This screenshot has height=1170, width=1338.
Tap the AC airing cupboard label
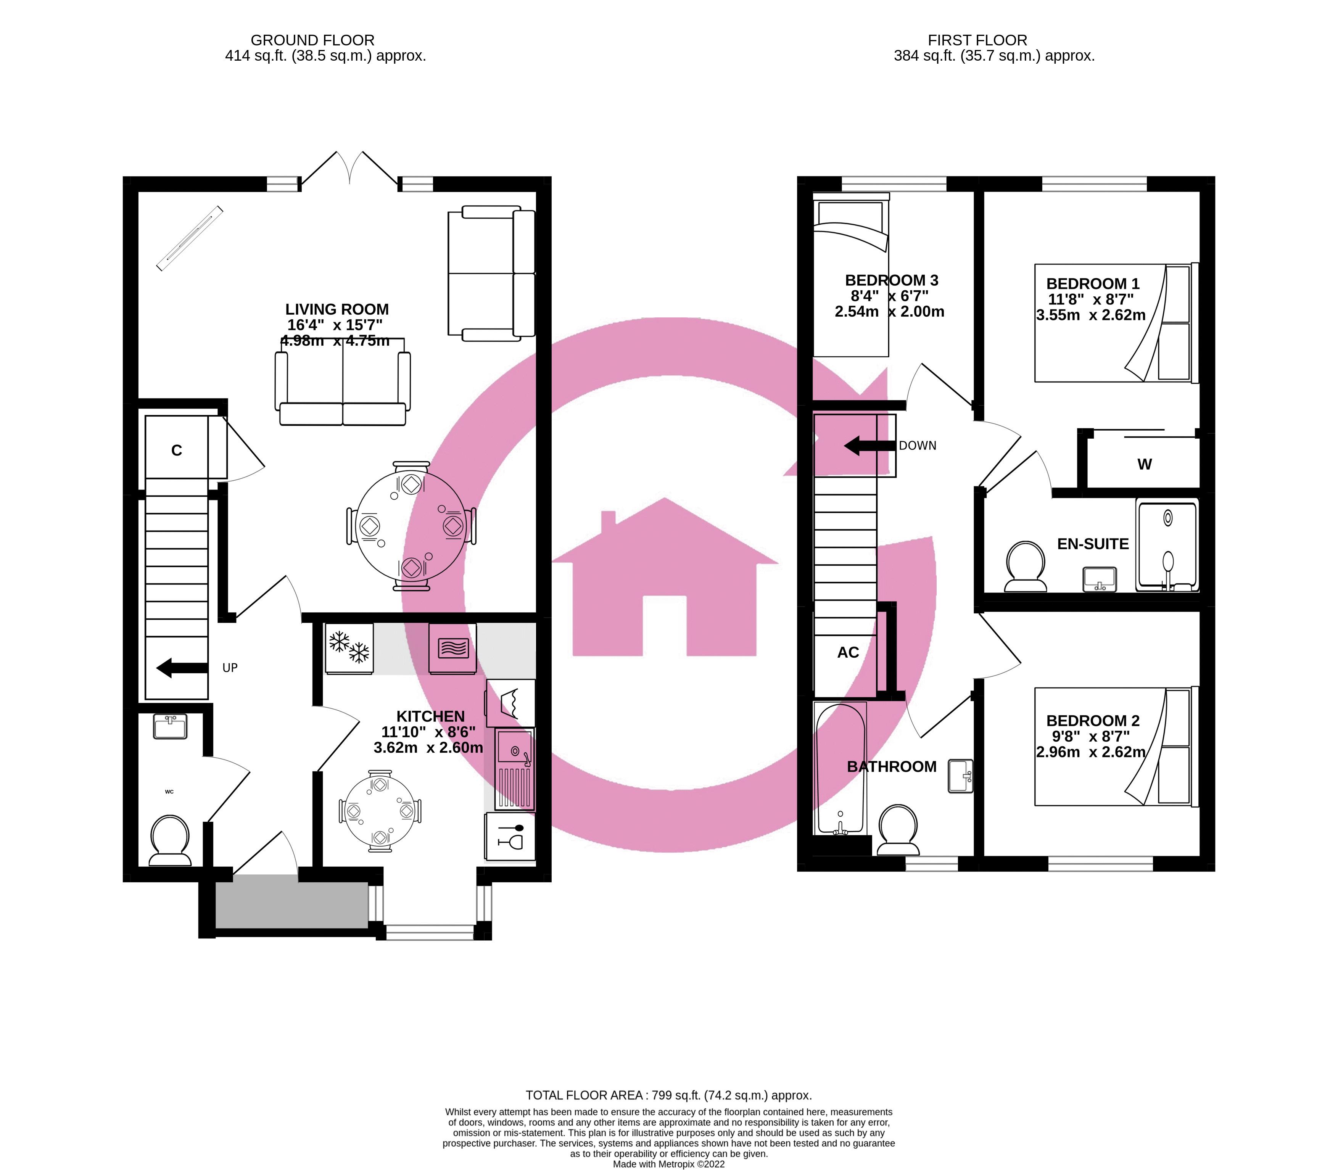pos(848,652)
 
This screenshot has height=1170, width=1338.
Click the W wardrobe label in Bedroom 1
pos(1144,464)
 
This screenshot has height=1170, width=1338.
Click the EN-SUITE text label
pos(1092,544)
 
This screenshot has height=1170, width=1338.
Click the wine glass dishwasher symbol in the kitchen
pos(510,836)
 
